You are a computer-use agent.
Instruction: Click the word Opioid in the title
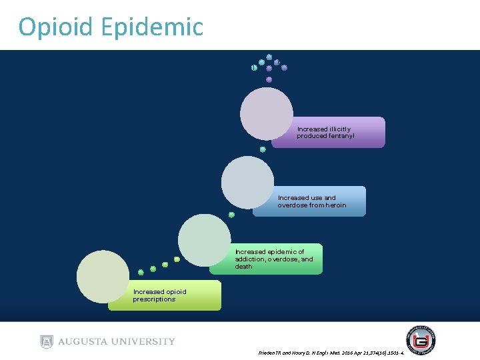coord(57,27)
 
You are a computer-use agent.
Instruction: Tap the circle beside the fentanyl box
coord(267,113)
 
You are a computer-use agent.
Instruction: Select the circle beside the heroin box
coord(247,182)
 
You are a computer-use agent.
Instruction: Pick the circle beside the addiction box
coord(205,239)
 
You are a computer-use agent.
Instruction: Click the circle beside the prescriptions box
coord(103,276)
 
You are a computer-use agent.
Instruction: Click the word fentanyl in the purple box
coord(340,136)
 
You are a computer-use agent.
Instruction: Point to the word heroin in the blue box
coord(334,205)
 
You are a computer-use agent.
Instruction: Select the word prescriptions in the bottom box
coord(154,299)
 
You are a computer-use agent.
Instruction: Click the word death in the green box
coord(243,267)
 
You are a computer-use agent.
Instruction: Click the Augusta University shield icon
coord(46,341)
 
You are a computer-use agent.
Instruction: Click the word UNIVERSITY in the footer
coord(142,341)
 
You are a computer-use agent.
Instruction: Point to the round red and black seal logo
coord(421,340)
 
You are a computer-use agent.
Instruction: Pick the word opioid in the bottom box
coord(175,291)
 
